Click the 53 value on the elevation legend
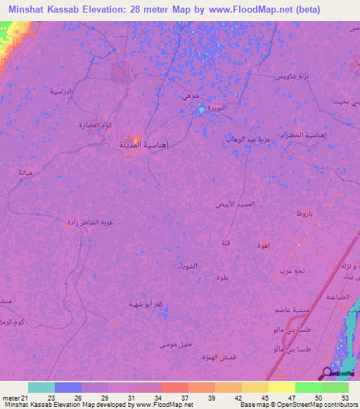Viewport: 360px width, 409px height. click(x=345, y=398)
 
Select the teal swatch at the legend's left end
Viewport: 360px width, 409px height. click(x=41, y=387)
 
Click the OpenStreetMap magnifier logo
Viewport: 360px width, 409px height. click(x=327, y=373)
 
